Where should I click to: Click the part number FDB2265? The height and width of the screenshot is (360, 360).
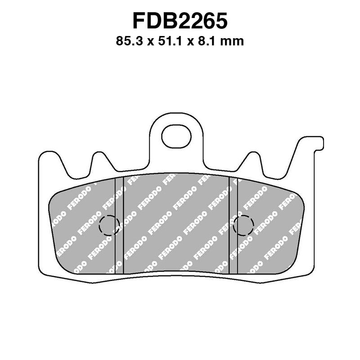[x=180, y=20]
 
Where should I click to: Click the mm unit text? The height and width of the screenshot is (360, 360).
[x=234, y=42]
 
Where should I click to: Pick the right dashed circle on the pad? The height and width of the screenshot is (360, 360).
[x=244, y=225]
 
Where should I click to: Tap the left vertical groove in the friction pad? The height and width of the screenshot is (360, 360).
[x=119, y=225]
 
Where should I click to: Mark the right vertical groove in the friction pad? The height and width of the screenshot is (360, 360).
[x=233, y=225]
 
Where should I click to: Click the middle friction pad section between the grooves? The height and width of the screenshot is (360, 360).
[x=176, y=225]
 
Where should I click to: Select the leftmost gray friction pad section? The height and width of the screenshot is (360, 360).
[x=83, y=225]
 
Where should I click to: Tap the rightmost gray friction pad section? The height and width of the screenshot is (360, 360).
[x=270, y=225]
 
